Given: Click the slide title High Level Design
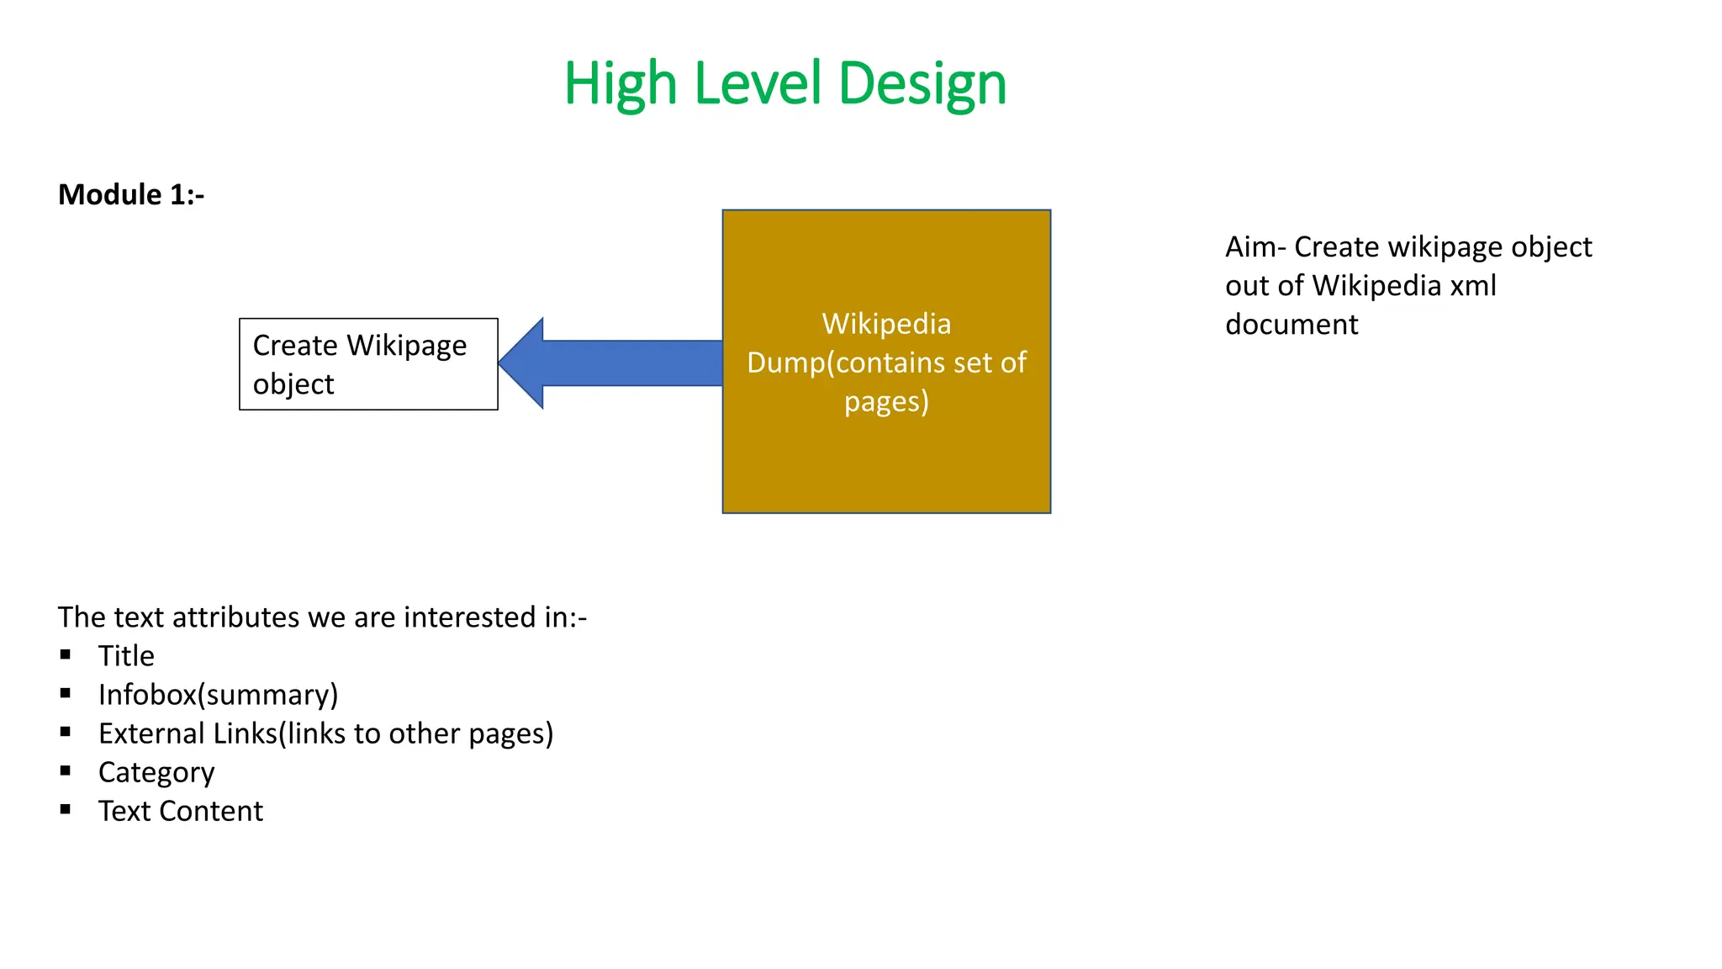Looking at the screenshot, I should click(x=784, y=83).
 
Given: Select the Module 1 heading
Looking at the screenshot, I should click(x=131, y=194).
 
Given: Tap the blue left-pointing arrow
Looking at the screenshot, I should click(x=610, y=363).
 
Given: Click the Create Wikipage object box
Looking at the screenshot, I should click(x=368, y=364).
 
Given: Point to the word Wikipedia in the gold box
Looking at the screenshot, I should click(x=886, y=324).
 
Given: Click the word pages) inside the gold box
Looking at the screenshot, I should click(x=886, y=401).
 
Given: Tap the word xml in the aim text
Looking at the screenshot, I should click(x=1473, y=286).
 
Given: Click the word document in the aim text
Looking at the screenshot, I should click(x=1291, y=325).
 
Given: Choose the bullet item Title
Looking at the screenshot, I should click(x=126, y=656).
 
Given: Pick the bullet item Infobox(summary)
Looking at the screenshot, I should click(x=218, y=695).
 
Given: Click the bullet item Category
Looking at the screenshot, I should click(x=156, y=772).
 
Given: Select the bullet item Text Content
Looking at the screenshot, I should click(x=181, y=811).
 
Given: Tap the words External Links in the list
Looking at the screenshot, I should click(x=188, y=733).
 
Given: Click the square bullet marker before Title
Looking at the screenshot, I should click(x=66, y=654).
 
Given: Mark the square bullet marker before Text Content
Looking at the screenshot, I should click(x=66, y=809).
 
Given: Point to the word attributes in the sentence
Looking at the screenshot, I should click(x=235, y=617).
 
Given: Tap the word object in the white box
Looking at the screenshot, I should click(x=293, y=384).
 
